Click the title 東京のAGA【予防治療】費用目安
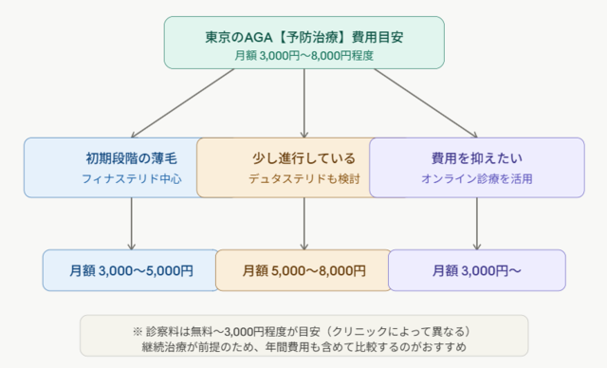click(x=303, y=37)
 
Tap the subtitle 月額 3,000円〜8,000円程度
click(x=303, y=55)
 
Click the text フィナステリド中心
click(x=131, y=178)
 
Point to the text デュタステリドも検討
click(x=303, y=178)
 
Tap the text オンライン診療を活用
click(x=476, y=178)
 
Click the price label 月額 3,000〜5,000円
click(x=131, y=270)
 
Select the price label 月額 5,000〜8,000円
click(x=303, y=270)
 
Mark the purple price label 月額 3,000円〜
click(x=476, y=270)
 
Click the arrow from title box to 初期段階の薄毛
click(x=190, y=102)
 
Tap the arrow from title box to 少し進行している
click(x=303, y=102)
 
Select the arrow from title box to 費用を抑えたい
click(x=417, y=102)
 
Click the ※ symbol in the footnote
click(x=138, y=331)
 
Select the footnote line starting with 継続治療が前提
click(x=303, y=347)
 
